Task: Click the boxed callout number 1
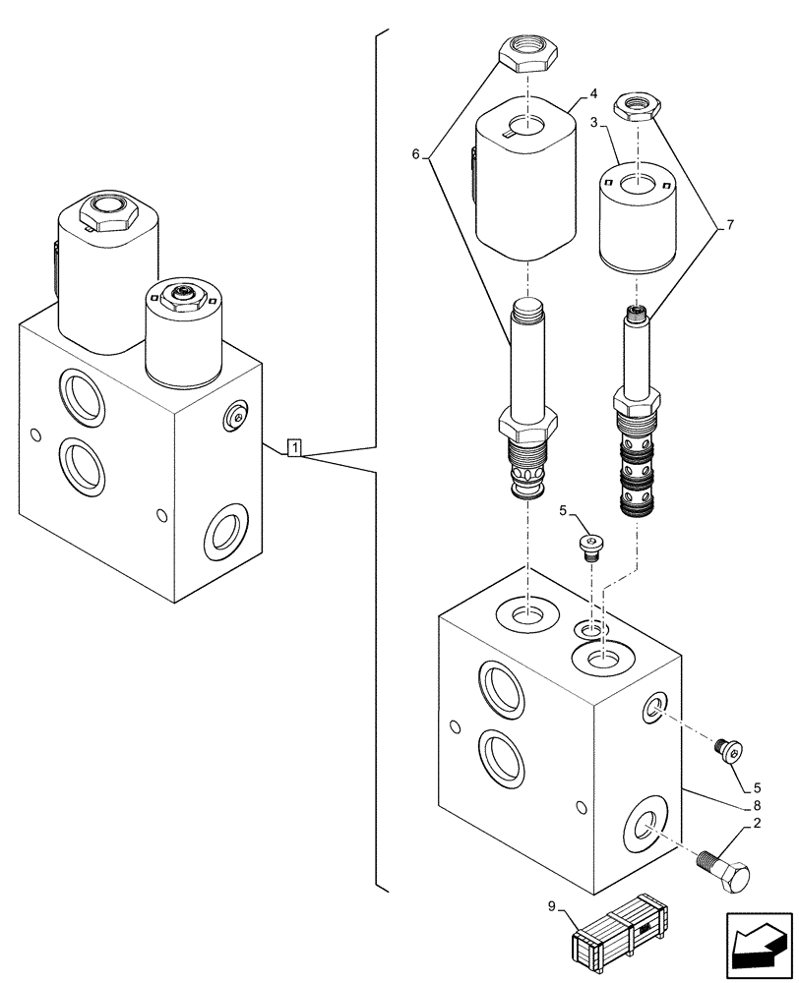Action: [x=295, y=448]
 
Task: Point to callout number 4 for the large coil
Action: [x=593, y=95]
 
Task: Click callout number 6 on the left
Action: [x=416, y=154]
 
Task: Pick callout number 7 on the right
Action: [x=730, y=225]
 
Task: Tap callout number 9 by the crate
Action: [x=554, y=907]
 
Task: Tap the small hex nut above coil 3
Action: [x=635, y=104]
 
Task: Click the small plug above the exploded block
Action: [x=590, y=546]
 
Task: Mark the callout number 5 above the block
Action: [x=563, y=510]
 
